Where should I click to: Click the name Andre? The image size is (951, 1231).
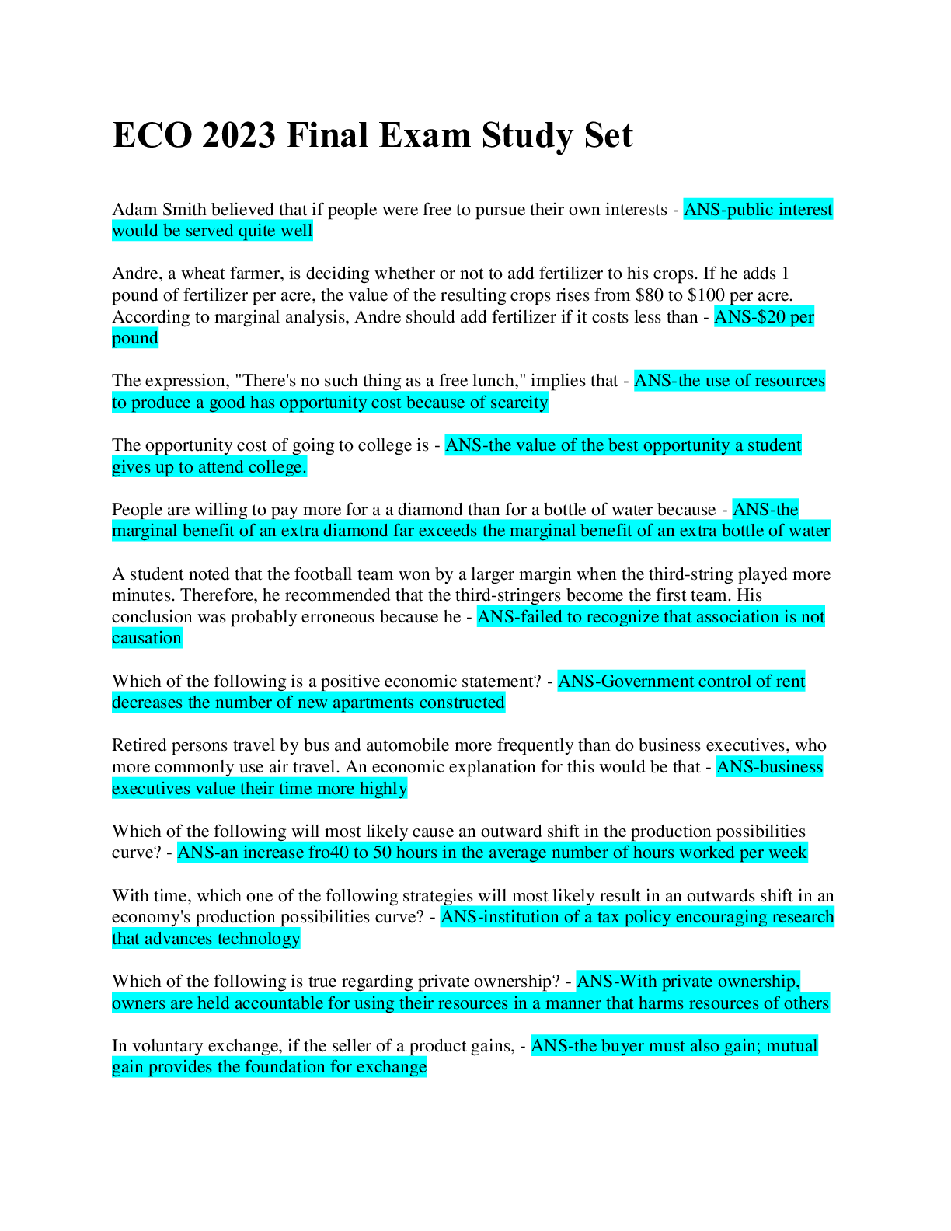(x=134, y=274)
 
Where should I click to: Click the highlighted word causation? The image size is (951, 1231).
(x=147, y=638)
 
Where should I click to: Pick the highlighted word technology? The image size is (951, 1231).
(x=259, y=939)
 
